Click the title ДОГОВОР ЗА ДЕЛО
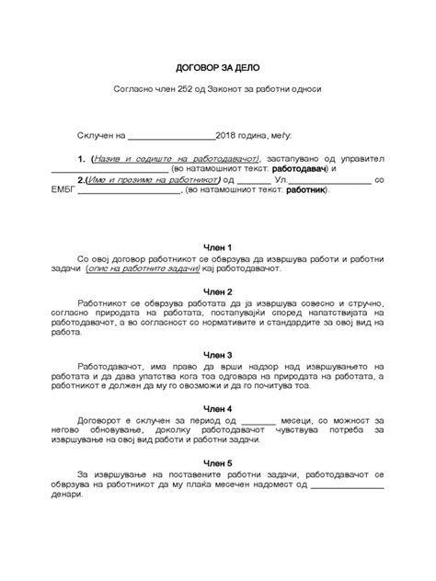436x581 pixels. click(217, 68)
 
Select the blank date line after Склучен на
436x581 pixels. click(178, 135)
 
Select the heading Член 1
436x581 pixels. click(217, 248)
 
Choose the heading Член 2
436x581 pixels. click(217, 290)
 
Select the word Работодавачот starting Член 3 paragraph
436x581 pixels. click(135, 366)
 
